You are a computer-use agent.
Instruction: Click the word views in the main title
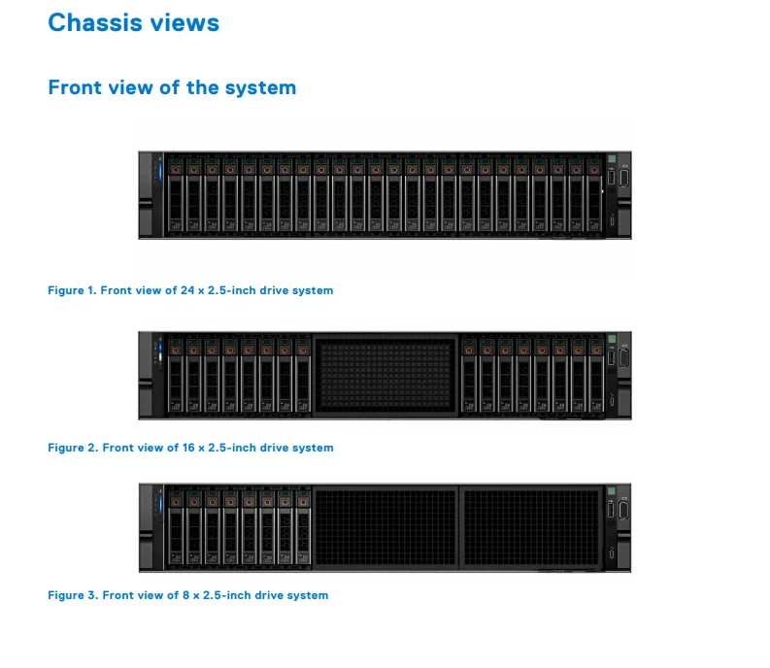(x=187, y=22)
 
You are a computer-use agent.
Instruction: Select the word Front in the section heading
(x=74, y=87)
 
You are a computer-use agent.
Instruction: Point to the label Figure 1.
(x=71, y=290)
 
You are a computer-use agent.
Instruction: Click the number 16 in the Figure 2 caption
(x=188, y=448)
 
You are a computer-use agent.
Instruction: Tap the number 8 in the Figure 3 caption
(x=185, y=595)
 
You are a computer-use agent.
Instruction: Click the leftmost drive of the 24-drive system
(x=175, y=194)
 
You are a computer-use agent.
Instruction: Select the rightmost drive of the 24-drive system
(x=593, y=194)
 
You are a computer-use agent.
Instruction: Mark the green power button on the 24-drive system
(x=613, y=160)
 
